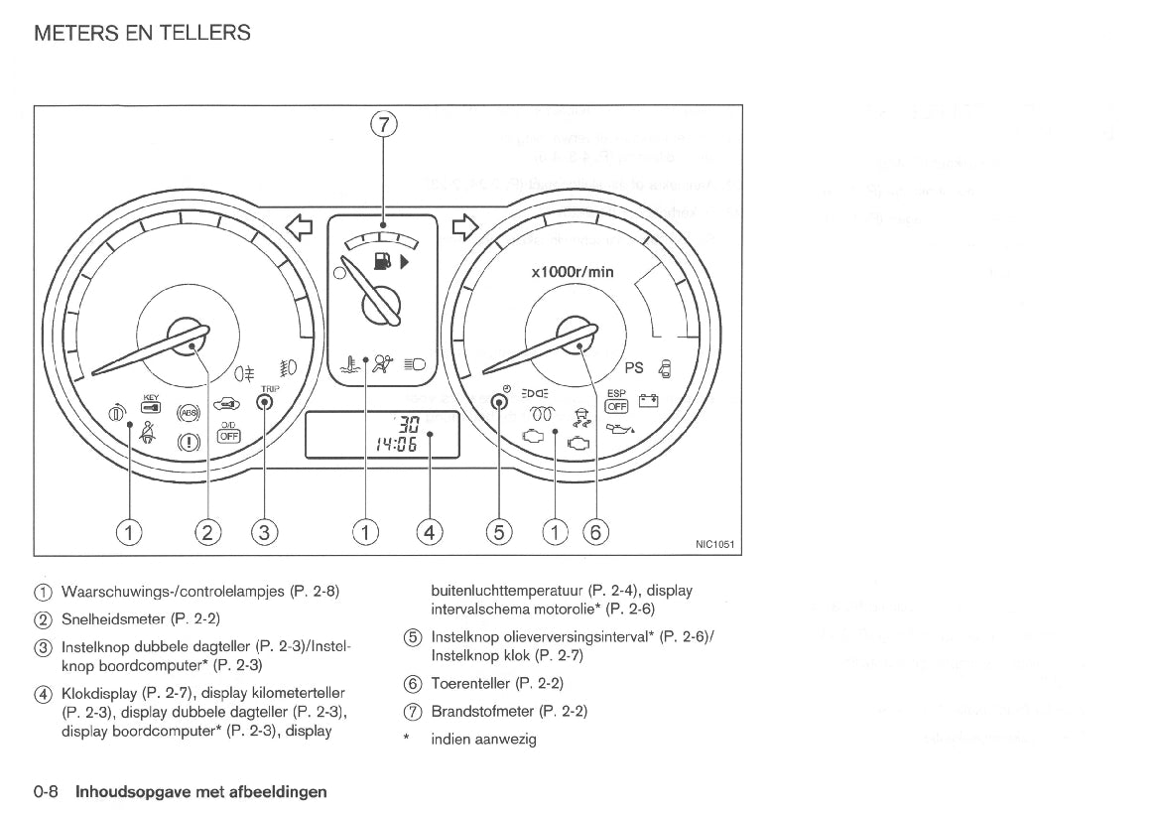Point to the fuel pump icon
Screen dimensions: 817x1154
[381, 262]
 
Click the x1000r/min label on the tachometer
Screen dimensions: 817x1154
[573, 272]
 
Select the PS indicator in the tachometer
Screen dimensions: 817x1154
[633, 367]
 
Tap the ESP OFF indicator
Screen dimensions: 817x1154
[617, 400]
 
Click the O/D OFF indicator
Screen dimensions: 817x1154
[229, 431]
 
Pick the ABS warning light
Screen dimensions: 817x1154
[188, 413]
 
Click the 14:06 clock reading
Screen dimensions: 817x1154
[392, 445]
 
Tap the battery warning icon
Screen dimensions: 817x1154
[649, 401]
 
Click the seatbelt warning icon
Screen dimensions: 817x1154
[150, 432]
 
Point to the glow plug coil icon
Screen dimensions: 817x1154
[542, 412]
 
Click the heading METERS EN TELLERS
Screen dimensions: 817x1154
[142, 33]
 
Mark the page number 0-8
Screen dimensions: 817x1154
[47, 791]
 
